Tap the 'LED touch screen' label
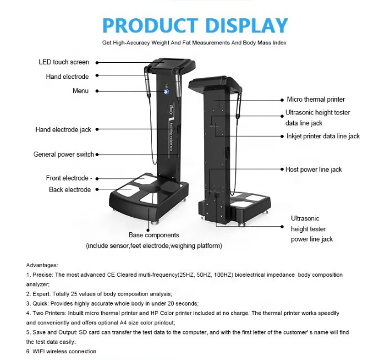64,62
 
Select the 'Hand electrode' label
67,77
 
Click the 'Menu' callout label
81,91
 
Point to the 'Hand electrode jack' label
63,129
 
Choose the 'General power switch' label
64,154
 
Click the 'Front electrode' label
67,178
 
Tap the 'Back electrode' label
69,189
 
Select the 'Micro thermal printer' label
315,99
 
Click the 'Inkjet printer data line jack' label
323,136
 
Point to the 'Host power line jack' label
313,169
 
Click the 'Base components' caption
154,236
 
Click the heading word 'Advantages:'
42,266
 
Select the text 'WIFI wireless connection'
64,352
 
